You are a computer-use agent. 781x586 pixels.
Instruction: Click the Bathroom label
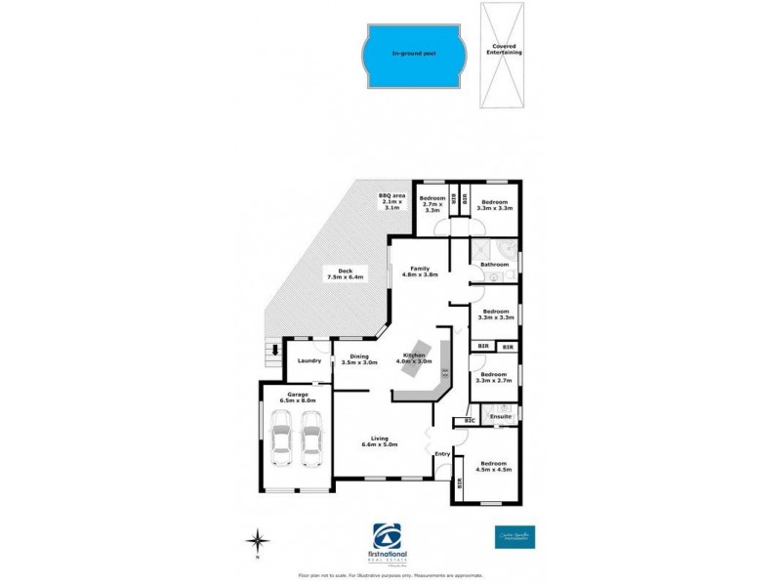[x=493, y=264]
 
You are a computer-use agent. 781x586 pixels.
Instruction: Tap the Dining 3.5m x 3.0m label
[x=360, y=359]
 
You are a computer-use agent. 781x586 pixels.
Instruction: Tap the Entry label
[x=442, y=453]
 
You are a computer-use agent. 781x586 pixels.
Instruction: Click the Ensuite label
[x=500, y=417]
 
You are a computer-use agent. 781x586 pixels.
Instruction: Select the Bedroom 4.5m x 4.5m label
[x=494, y=469]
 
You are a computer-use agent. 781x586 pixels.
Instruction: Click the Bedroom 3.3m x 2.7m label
[x=494, y=377]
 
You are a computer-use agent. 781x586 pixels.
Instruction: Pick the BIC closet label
[x=470, y=421]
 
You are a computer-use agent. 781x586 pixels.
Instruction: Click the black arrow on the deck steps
[x=275, y=349]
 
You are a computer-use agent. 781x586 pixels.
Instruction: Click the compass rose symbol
[x=256, y=540]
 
